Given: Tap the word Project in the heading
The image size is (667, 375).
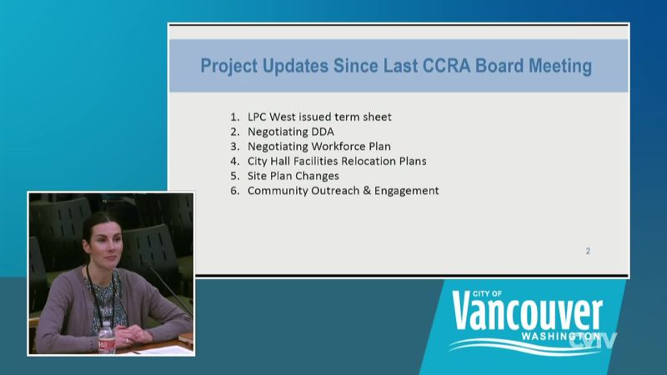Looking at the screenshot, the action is pyautogui.click(x=228, y=67).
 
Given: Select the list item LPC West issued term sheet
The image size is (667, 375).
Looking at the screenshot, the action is pyautogui.click(x=319, y=117).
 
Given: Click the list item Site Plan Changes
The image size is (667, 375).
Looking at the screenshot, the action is pyautogui.click(x=293, y=176).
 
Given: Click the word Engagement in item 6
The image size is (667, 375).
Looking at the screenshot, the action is pyautogui.click(x=406, y=192).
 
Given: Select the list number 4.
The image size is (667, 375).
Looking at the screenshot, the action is pyautogui.click(x=235, y=161).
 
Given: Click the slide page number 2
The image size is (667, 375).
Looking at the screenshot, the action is pyautogui.click(x=588, y=252).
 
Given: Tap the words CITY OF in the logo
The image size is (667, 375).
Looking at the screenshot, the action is pyautogui.click(x=487, y=294).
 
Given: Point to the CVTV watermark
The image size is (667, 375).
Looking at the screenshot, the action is pyautogui.click(x=593, y=341).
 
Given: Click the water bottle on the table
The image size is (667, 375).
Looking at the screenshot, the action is pyautogui.click(x=107, y=337).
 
